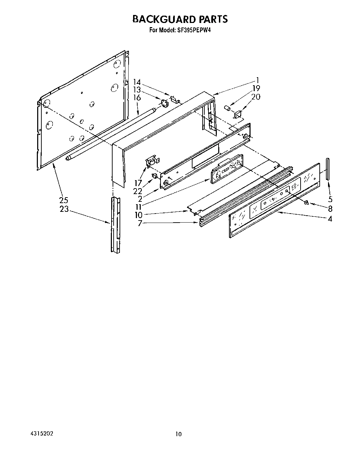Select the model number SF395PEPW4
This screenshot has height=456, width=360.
[194, 30]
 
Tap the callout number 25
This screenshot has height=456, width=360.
[64, 200]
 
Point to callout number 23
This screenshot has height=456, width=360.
[64, 209]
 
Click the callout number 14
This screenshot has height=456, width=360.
[137, 82]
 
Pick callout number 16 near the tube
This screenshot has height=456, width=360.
[137, 98]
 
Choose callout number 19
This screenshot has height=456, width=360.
[256, 88]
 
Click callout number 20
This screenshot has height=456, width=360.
[256, 97]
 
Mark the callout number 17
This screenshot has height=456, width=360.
[138, 183]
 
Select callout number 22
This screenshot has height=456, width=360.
[138, 191]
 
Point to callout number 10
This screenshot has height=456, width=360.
[138, 215]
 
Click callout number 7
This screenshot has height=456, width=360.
[140, 223]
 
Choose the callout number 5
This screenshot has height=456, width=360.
[330, 199]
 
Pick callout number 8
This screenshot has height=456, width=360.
[330, 209]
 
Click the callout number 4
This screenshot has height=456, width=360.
[330, 219]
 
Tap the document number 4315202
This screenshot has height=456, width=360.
[39, 434]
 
